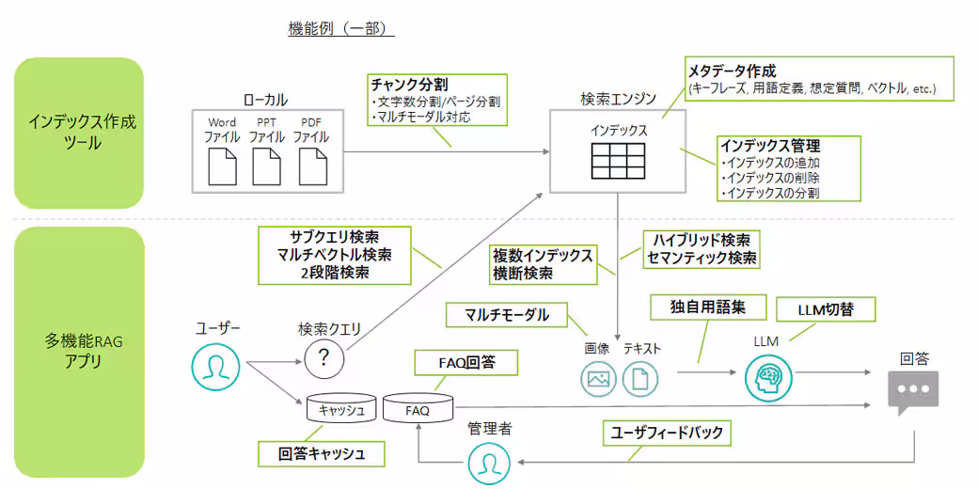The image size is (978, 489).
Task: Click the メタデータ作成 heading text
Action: point(732,71)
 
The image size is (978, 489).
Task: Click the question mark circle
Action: point(325,358)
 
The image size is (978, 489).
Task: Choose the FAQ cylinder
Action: point(417,409)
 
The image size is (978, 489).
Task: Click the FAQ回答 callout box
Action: point(467,361)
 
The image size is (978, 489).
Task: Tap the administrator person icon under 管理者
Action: point(489,463)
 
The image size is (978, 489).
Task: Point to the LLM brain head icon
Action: point(765,378)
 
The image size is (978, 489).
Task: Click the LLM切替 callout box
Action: point(825,309)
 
